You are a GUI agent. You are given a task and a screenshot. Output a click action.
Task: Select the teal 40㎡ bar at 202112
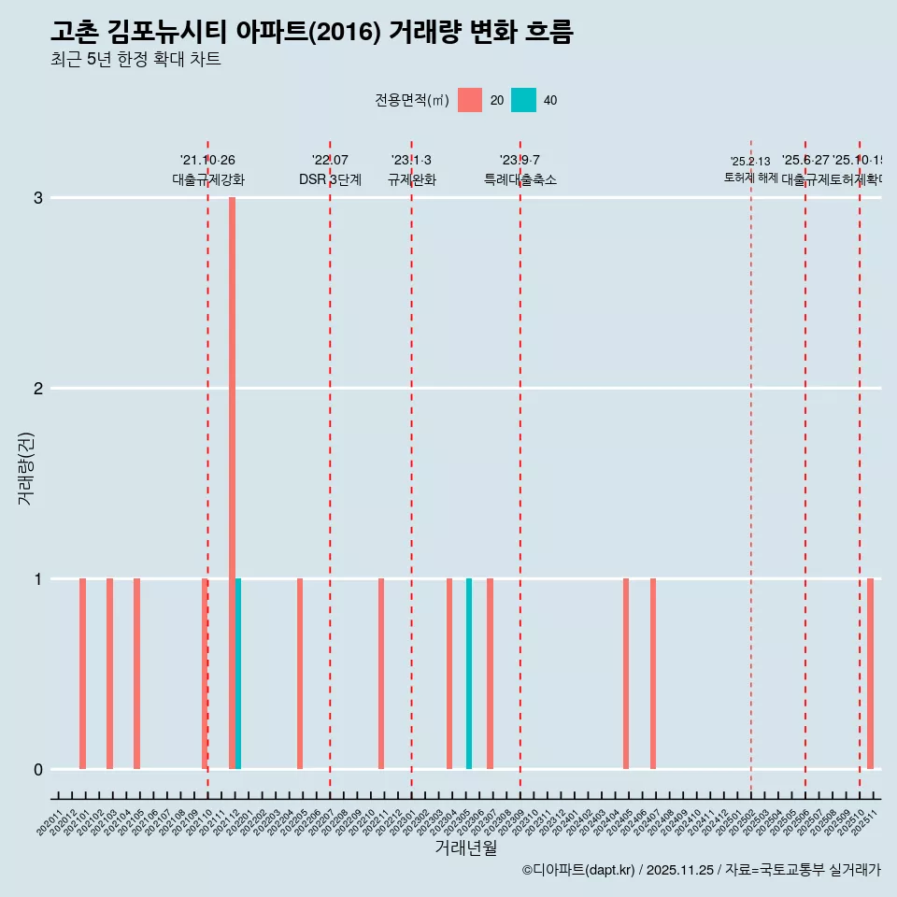click(238, 674)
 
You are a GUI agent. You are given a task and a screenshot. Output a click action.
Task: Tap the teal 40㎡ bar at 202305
click(469, 674)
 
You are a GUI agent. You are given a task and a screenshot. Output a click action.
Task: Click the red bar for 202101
click(82, 674)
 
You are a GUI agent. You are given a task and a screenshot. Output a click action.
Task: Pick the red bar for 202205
click(300, 674)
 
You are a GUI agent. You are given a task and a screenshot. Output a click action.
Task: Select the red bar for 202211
click(381, 674)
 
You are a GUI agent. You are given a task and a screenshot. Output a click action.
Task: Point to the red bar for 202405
click(626, 674)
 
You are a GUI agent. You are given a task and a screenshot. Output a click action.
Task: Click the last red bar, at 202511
click(870, 674)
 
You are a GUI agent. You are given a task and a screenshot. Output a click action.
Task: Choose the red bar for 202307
click(490, 674)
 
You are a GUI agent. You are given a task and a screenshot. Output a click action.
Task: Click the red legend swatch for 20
click(470, 100)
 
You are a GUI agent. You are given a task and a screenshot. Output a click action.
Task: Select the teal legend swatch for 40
click(524, 100)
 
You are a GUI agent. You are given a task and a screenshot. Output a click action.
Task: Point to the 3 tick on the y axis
click(38, 197)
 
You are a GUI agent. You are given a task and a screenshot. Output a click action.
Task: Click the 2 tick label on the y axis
click(38, 388)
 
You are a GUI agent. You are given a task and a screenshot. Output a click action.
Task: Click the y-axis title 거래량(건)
click(25, 468)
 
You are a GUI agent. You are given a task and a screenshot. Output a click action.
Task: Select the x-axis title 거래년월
click(465, 847)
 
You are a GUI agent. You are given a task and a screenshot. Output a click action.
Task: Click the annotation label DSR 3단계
click(330, 179)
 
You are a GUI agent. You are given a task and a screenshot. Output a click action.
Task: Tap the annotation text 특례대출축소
click(520, 179)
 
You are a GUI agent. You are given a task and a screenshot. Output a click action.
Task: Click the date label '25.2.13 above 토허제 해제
click(750, 162)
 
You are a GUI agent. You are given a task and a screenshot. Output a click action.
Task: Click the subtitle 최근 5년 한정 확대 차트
click(135, 60)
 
